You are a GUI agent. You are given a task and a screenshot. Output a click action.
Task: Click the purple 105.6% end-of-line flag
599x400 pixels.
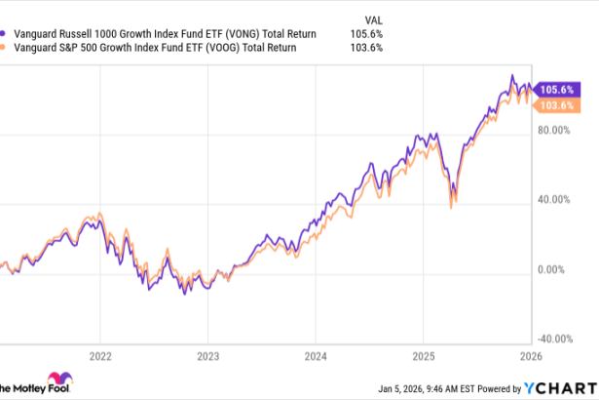(557, 89)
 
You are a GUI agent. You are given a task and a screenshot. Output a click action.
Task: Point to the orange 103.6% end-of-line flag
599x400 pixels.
(557, 103)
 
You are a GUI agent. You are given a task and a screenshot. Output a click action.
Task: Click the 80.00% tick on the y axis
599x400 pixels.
(555, 131)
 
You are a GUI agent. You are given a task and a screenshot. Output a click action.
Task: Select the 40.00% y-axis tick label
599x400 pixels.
(555, 200)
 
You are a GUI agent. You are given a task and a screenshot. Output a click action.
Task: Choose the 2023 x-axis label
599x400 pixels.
(208, 355)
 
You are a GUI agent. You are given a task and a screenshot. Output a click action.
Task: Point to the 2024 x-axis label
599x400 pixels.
(316, 355)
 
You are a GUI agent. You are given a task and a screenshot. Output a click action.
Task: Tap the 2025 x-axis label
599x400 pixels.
(423, 355)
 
